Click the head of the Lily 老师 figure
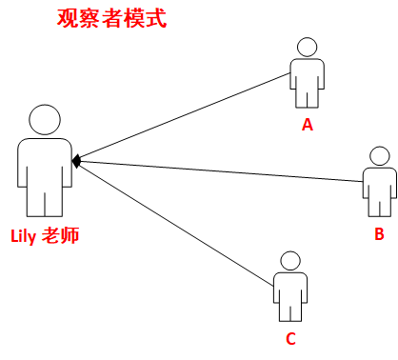[x=45, y=119]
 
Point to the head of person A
[x=307, y=48]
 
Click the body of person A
[x=307, y=76]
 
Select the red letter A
[x=308, y=125]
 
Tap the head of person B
[x=379, y=156]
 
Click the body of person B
[x=379, y=184]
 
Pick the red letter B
[x=379, y=233]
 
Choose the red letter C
[x=291, y=339]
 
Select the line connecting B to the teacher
[x=219, y=169]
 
